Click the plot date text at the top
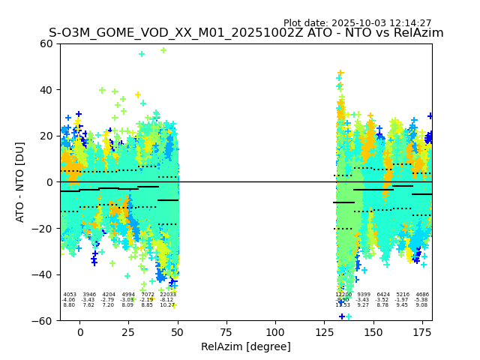[x=357, y=23]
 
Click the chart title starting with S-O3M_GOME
[x=246, y=33]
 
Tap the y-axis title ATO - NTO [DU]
[x=20, y=181]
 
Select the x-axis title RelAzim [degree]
[x=246, y=346]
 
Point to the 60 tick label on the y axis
[x=46, y=43]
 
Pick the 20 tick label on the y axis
[x=46, y=136]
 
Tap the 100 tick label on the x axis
[x=275, y=331]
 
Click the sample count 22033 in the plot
[x=167, y=295]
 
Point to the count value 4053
[x=69, y=295]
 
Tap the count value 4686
[x=422, y=295]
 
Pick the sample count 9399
[x=364, y=295]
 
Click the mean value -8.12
[x=166, y=300]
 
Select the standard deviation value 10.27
[x=166, y=305]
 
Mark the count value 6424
[x=383, y=295]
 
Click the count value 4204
[x=109, y=295]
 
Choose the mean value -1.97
[x=403, y=300]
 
